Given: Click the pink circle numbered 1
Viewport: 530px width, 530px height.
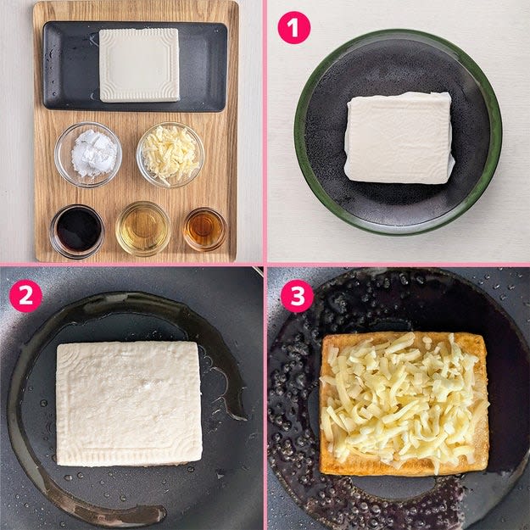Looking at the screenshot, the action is point(293,27).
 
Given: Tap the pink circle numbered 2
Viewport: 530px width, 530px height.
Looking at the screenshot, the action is point(25,296).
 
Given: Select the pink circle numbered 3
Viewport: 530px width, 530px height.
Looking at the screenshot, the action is point(297,296).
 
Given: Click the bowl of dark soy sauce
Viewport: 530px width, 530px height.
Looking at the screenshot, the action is point(77,232).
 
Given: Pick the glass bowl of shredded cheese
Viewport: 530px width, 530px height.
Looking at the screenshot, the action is point(170,155).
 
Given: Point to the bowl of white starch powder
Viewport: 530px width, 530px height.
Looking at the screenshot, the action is point(88,155).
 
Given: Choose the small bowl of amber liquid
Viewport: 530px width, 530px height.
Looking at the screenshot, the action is point(205,229).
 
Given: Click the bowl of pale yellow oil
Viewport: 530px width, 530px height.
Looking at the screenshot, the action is point(143,228).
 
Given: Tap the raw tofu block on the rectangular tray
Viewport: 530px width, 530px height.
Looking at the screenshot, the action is point(139,65).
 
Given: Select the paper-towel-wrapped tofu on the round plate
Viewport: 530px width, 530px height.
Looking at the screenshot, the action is point(399,138).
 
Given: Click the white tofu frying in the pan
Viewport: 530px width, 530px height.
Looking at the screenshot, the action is point(129,404).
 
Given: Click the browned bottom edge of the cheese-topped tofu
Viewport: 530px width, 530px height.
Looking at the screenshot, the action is point(404,468).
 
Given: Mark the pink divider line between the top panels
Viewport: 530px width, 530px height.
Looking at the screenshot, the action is point(265,131).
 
